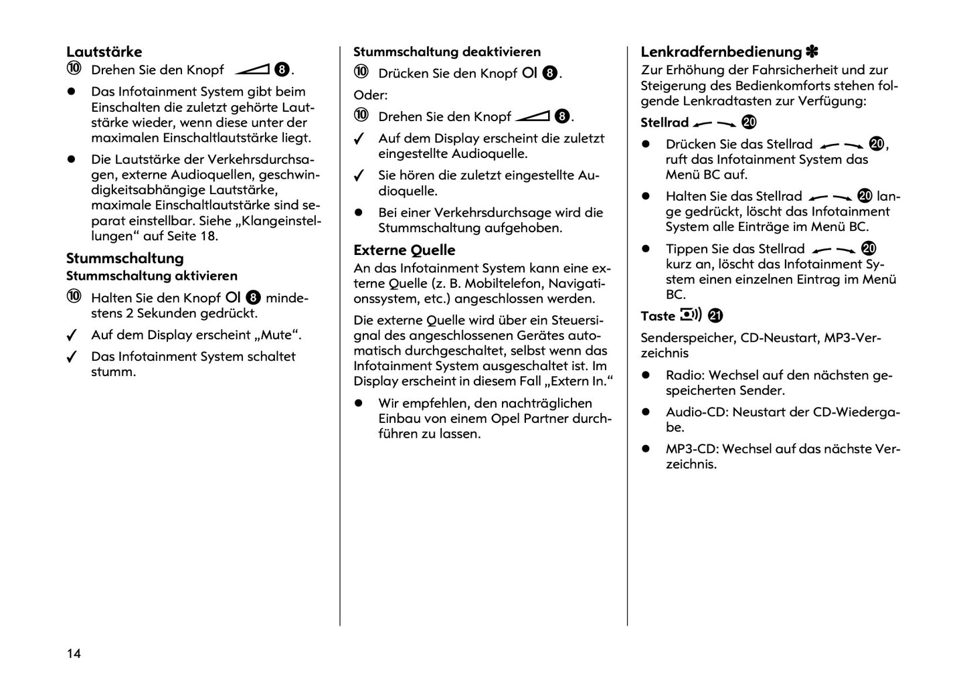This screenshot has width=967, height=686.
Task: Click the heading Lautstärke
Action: click(x=104, y=52)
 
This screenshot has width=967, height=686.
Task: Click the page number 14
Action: click(x=74, y=653)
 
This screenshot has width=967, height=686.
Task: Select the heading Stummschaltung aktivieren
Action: click(x=151, y=276)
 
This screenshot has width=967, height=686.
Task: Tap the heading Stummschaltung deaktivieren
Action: click(x=446, y=52)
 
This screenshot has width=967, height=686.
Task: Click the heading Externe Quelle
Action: click(x=404, y=250)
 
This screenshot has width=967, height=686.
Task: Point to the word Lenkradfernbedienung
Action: click(x=721, y=52)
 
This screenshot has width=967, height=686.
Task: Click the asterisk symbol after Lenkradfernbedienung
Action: click(x=812, y=52)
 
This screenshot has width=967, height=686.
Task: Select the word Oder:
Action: click(x=371, y=95)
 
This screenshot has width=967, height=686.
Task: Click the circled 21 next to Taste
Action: click(x=715, y=316)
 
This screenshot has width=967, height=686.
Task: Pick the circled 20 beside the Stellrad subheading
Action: click(x=749, y=122)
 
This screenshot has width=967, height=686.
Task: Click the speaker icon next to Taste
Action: click(x=691, y=315)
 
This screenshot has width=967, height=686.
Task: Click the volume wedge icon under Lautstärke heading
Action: click(x=252, y=70)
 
